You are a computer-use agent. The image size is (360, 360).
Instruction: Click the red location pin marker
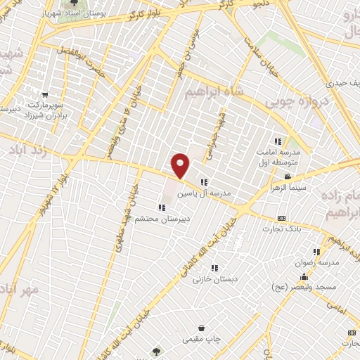181,165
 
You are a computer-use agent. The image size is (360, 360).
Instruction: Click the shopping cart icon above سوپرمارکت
44,95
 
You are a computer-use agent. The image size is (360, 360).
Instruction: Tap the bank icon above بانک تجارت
282,218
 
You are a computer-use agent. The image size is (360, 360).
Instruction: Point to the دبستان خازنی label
214,278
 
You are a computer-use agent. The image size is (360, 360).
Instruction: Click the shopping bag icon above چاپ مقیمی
202,328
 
